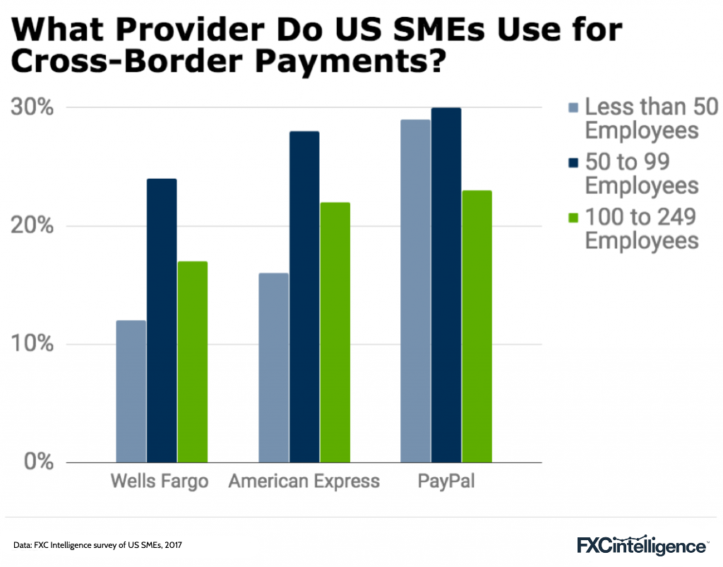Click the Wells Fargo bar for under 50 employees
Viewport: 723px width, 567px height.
pyautogui.click(x=131, y=392)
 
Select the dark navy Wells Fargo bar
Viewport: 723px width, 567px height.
pyautogui.click(x=162, y=321)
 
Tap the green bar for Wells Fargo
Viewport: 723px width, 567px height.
pyautogui.click(x=192, y=362)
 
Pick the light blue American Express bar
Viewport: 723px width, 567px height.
pyautogui.click(x=273, y=368)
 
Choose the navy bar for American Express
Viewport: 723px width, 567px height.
pyautogui.click(x=304, y=297)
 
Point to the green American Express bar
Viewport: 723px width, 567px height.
pyautogui.click(x=335, y=332)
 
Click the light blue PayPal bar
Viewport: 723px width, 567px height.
pyautogui.click(x=415, y=291)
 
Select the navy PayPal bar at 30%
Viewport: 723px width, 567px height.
pyautogui.click(x=446, y=286)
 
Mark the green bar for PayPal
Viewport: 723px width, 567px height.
pyautogui.click(x=477, y=327)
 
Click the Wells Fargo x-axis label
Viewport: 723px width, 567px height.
pyautogui.click(x=160, y=482)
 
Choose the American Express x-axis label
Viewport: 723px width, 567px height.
pyautogui.click(x=304, y=482)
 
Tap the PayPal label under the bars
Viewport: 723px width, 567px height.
pyautogui.click(x=446, y=482)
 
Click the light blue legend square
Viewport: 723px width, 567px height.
pyautogui.click(x=572, y=108)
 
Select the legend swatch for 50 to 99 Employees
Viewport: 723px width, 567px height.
pyautogui.click(x=572, y=163)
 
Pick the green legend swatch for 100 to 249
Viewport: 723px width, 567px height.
pyautogui.click(x=572, y=217)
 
